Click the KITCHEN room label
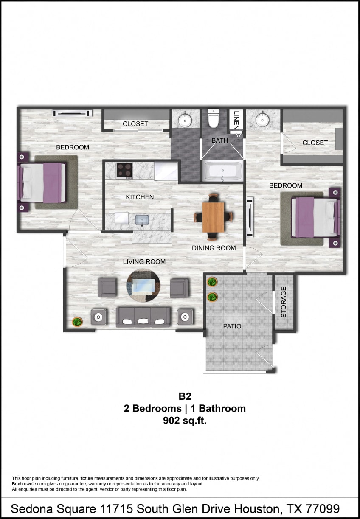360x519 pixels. tap(140, 197)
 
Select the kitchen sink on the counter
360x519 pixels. tap(142, 220)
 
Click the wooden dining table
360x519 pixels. tap(213, 216)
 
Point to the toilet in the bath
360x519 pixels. tap(213, 118)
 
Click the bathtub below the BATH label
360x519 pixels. tap(222, 171)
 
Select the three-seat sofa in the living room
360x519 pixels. tap(143, 317)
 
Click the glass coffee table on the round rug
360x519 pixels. tap(143, 285)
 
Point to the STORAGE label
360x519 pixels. tap(284, 302)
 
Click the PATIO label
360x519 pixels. tap(232, 326)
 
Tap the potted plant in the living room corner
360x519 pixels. tap(77, 322)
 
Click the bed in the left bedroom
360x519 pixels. tap(42, 182)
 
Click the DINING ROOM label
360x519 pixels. tap(214, 248)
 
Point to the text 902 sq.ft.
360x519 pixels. tap(185, 421)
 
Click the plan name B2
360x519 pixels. tap(185, 396)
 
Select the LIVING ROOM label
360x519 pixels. tap(144, 261)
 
